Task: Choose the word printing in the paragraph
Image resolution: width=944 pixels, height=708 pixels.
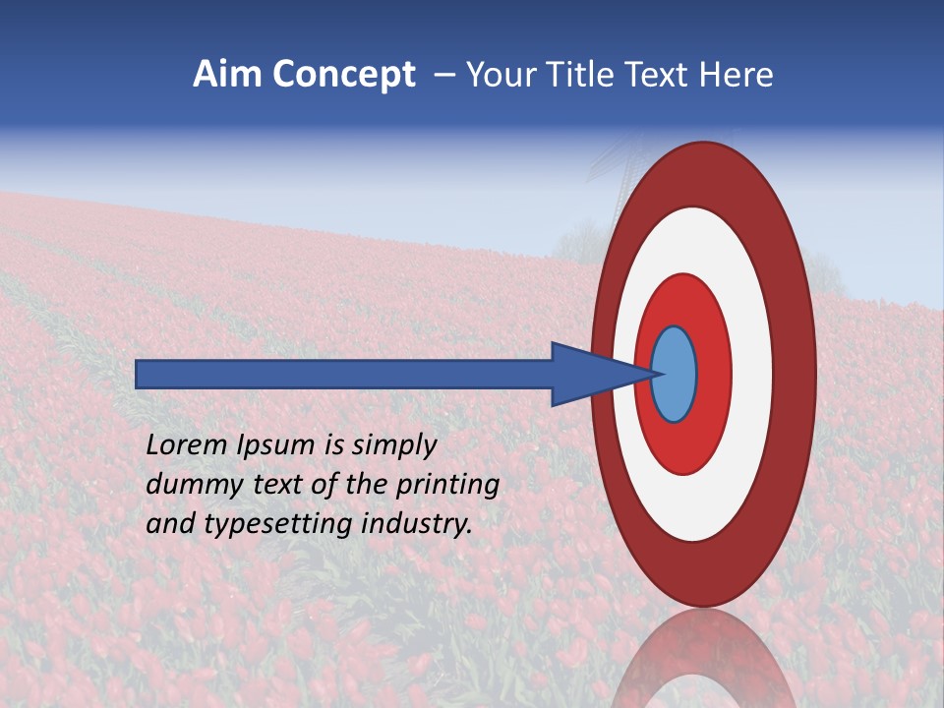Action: pyautogui.click(x=447, y=486)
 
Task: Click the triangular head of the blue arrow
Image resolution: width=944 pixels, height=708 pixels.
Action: pyautogui.click(x=590, y=375)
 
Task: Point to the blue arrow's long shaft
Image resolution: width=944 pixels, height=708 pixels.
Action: pyautogui.click(x=344, y=375)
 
